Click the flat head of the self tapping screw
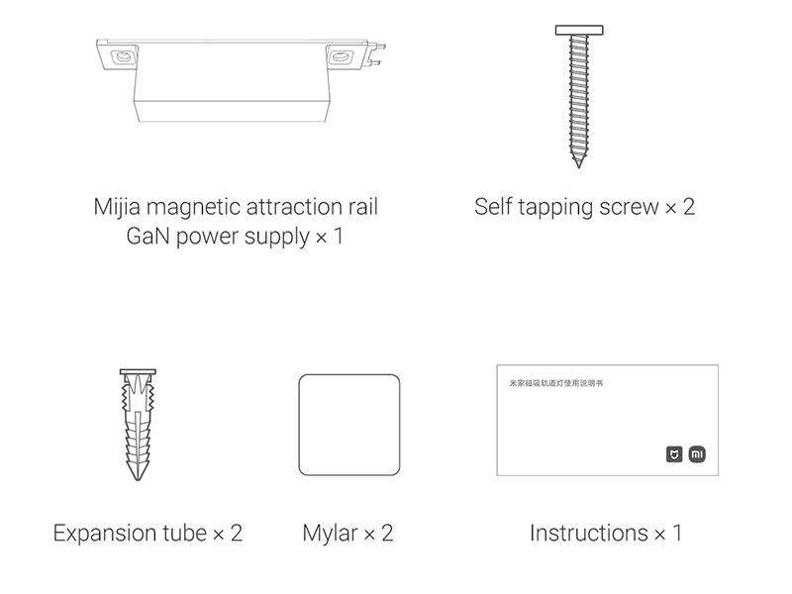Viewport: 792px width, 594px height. point(579,31)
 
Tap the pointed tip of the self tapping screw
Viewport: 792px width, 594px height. point(579,166)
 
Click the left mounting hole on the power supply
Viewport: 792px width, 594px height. point(122,56)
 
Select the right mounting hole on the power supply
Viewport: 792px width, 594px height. point(340,55)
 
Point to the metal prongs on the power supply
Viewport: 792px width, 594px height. point(377,54)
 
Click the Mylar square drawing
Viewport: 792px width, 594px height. point(349,425)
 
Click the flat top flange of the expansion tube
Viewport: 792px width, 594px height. point(138,372)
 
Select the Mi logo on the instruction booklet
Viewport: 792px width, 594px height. point(697,454)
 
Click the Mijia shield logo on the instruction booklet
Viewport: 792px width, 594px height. point(674,454)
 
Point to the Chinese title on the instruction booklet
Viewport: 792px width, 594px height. point(556,383)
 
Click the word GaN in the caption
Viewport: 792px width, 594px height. point(148,236)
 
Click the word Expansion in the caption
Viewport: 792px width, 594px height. point(131,534)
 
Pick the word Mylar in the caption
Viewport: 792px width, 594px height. point(330,534)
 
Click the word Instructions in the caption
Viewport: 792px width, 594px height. point(589,534)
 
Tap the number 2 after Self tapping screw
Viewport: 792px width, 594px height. point(689,207)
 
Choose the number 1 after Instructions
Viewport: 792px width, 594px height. point(677,534)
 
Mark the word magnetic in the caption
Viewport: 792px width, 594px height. point(192,208)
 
